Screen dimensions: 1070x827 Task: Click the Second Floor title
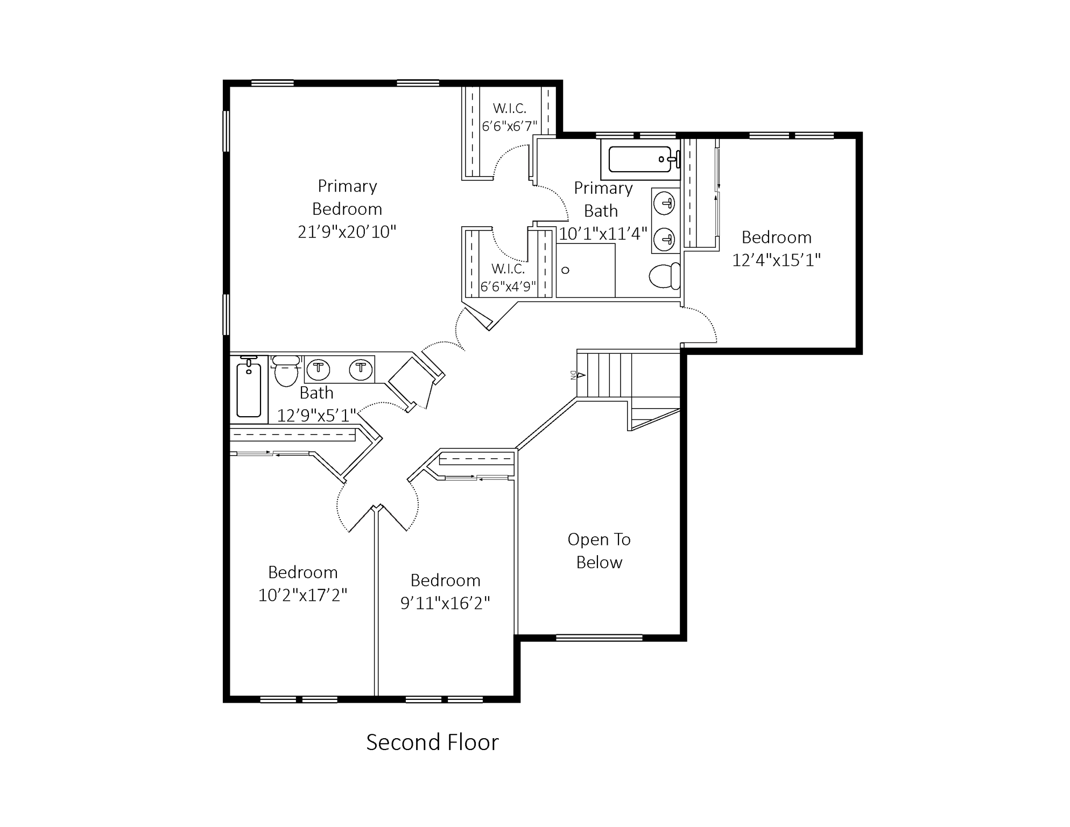click(433, 742)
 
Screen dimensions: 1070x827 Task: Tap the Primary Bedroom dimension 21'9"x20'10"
click(347, 232)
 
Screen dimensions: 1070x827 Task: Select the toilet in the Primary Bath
click(665, 276)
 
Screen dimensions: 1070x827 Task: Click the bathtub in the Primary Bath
click(640, 159)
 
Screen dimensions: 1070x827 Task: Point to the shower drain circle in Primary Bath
click(565, 270)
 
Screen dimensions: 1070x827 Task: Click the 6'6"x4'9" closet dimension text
click(508, 287)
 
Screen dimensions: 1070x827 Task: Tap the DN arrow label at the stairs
click(578, 375)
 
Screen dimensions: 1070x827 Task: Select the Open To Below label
click(599, 551)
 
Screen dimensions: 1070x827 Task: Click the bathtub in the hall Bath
click(249, 389)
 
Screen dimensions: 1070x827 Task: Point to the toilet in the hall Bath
click(286, 370)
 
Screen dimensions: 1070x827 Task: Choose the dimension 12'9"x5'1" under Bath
click(316, 416)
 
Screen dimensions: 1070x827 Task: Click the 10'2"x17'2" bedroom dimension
click(302, 595)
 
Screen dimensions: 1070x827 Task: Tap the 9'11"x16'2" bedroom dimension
click(445, 604)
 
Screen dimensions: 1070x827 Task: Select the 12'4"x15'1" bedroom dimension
click(776, 261)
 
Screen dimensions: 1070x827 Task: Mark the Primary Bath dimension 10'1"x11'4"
click(603, 234)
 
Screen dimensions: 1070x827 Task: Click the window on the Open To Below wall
click(599, 638)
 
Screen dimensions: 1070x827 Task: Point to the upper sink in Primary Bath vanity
click(665, 204)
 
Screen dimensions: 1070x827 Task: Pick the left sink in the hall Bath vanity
click(318, 369)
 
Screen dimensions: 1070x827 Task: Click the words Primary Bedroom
click(347, 198)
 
